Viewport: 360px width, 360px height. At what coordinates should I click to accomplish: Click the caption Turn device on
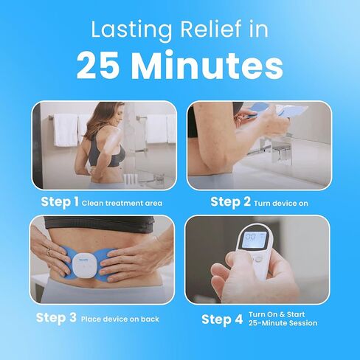(x=282, y=203)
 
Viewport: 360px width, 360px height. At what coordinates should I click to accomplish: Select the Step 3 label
(x=55, y=318)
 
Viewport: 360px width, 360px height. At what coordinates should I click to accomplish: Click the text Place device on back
(x=120, y=319)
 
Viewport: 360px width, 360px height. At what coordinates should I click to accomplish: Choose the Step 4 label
(x=221, y=319)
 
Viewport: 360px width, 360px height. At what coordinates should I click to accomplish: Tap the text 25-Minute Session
(x=284, y=324)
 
